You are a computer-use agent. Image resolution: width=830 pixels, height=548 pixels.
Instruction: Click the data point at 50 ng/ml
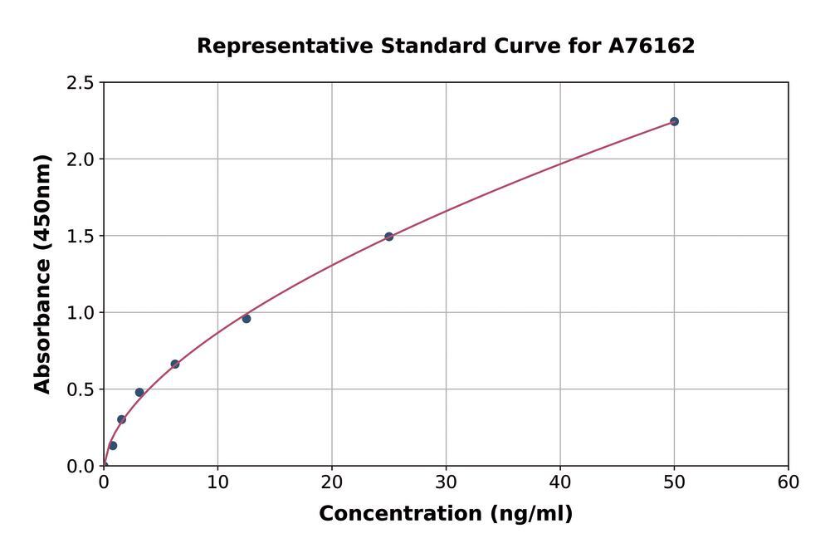coord(674,121)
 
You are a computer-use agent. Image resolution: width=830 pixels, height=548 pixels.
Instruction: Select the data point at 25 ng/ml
coord(388,237)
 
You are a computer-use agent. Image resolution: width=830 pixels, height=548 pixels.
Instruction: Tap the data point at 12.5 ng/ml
coord(247,319)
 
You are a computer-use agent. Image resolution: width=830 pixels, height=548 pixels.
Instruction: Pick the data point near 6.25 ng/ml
coord(175,364)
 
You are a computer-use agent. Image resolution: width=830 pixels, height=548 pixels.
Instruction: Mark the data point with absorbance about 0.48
coord(139,392)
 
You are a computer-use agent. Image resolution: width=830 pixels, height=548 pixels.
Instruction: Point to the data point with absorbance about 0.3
coord(121,419)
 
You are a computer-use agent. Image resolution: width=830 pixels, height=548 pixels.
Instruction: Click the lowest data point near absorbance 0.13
coord(113,446)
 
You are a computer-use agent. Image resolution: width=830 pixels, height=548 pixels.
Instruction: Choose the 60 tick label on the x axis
coord(788,482)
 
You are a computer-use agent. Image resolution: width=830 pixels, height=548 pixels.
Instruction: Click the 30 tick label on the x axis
coord(446,482)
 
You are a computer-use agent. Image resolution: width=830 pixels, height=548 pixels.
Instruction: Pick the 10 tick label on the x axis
coord(217,482)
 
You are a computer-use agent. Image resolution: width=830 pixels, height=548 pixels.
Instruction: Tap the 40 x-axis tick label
coord(559,482)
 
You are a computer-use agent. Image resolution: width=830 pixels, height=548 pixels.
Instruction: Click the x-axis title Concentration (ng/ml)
coord(446,514)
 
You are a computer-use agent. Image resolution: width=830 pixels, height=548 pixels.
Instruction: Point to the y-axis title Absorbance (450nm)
coord(42,274)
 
